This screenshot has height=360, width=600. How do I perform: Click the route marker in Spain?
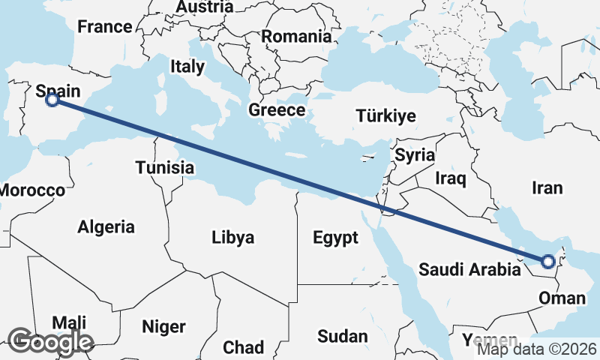(52, 99)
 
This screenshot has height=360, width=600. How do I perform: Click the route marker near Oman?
(548, 261)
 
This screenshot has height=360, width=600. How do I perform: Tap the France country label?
(105, 27)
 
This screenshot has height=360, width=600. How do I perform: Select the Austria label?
(204, 7)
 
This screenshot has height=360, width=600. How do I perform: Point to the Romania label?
(296, 36)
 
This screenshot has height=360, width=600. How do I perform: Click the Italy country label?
(187, 66)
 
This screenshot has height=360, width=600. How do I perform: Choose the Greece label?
(277, 110)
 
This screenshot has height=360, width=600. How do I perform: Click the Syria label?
(415, 155)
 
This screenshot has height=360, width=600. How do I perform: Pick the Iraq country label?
(451, 178)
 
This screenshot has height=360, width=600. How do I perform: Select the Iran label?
(547, 187)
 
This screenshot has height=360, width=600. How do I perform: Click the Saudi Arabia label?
(469, 269)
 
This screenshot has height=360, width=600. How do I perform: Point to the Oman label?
(562, 298)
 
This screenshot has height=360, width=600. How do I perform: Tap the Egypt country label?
(336, 238)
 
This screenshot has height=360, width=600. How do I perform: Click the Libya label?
(232, 238)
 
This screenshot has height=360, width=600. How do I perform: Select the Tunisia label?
(165, 167)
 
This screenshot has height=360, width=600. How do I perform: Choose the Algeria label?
(106, 226)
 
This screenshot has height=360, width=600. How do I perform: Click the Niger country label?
(163, 327)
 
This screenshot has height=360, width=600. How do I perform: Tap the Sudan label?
(342, 335)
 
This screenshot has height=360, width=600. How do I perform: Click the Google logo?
(50, 342)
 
